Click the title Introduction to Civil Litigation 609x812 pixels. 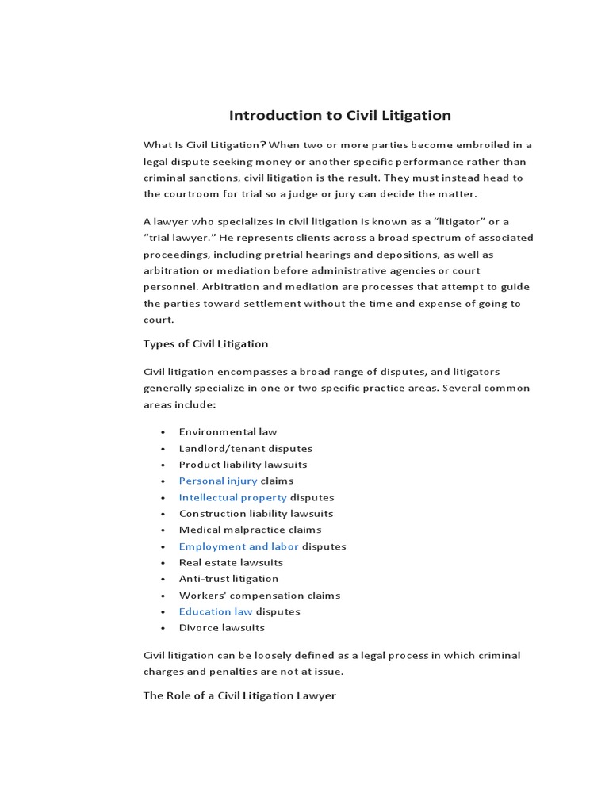pyautogui.click(x=340, y=115)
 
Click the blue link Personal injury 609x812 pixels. pyautogui.click(x=218, y=481)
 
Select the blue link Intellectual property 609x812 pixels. pyautogui.click(x=232, y=497)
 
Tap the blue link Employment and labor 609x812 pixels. pyautogui.click(x=239, y=546)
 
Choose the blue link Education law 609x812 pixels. pyautogui.click(x=216, y=611)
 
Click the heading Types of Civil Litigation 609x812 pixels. pyautogui.click(x=205, y=343)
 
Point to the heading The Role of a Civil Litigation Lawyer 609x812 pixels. pyautogui.click(x=239, y=695)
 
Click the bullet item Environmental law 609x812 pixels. pyautogui.click(x=228, y=432)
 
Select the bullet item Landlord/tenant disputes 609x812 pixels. pyautogui.click(x=246, y=448)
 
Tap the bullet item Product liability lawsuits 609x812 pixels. pyautogui.click(x=243, y=465)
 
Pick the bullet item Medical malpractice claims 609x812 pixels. pyautogui.click(x=250, y=530)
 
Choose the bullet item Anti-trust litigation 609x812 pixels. pyautogui.click(x=228, y=579)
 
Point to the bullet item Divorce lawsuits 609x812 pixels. pyautogui.click(x=222, y=627)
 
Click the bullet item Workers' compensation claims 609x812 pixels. pyautogui.click(x=259, y=595)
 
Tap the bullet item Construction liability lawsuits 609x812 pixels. pyautogui.click(x=256, y=514)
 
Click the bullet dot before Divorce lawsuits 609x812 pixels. pyautogui.click(x=163, y=628)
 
